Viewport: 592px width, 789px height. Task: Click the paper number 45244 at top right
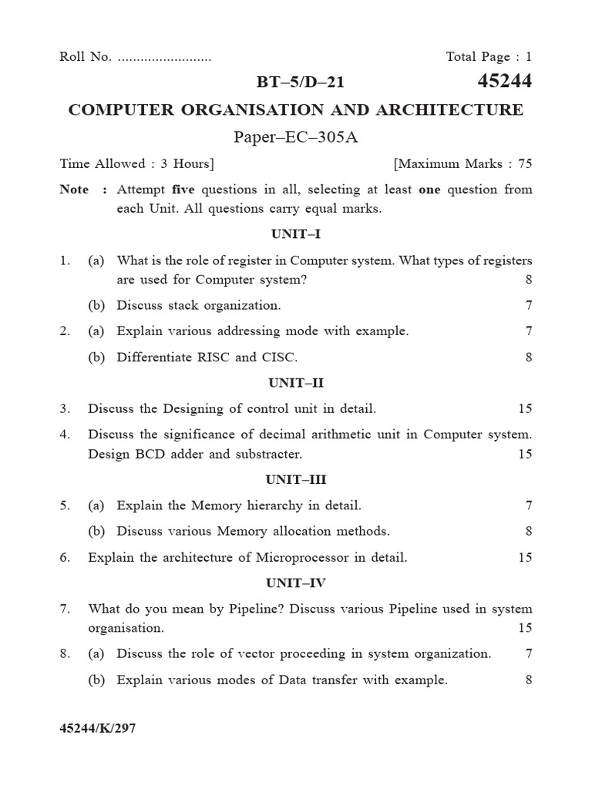click(x=505, y=82)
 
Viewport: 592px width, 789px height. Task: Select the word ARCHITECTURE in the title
click(x=449, y=110)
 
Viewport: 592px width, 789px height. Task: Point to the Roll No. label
click(x=86, y=56)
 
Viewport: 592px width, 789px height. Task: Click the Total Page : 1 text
click(x=489, y=56)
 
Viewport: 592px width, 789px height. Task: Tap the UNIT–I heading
click(x=295, y=233)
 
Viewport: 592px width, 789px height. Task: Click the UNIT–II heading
click(x=295, y=382)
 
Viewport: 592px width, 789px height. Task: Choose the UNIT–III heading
click(x=295, y=479)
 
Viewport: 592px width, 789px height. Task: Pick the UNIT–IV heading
click(x=295, y=583)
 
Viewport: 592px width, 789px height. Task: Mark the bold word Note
click(x=74, y=190)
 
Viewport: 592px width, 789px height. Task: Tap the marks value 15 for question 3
click(x=524, y=408)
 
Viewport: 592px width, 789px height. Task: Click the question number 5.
click(x=64, y=505)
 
